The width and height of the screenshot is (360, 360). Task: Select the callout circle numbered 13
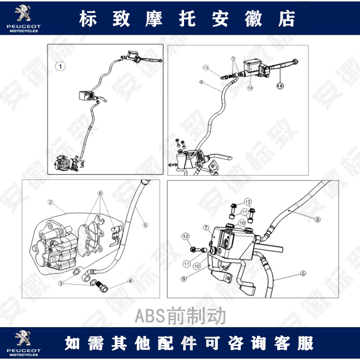click(x=205, y=67)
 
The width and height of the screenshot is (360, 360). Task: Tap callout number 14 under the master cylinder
click(x=249, y=88)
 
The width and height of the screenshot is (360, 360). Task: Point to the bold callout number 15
click(x=280, y=85)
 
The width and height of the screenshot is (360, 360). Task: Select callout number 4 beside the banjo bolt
click(x=130, y=280)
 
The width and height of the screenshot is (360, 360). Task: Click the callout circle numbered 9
click(x=184, y=279)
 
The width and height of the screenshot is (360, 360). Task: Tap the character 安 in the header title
click(x=220, y=19)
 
